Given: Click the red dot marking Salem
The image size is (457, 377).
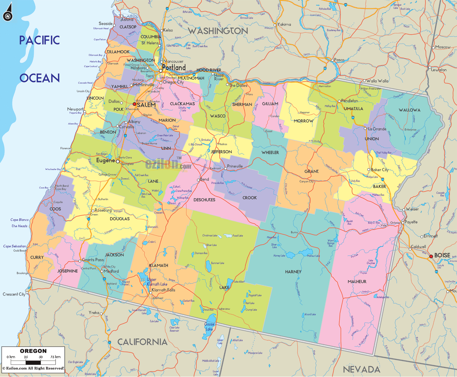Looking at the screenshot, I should tap(134, 104).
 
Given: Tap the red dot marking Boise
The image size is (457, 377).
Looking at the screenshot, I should tap(431, 256).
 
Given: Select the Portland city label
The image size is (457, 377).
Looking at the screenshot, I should tap(174, 67).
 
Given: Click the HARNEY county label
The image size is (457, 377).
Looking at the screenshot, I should tap(293, 272).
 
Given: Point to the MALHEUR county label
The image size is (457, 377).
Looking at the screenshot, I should tap(357, 281).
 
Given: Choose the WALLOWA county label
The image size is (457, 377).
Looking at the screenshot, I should tap(409, 110).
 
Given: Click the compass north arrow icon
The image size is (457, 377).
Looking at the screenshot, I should tap(8, 12).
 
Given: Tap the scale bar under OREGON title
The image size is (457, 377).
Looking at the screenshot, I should tap(33, 362).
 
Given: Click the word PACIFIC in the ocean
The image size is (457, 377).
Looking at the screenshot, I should tap(39, 40).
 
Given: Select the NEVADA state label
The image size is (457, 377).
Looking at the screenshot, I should tap(361, 369).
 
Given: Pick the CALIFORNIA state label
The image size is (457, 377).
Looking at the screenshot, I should tap(142, 342).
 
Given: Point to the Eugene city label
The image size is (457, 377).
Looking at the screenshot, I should tap(105, 160).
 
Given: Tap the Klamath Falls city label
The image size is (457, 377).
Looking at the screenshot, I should tap(163, 290).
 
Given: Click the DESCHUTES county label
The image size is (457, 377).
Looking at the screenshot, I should tap(204, 200).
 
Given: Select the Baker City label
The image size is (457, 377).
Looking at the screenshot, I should tap(379, 170).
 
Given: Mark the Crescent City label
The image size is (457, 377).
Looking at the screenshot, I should tap(14, 294).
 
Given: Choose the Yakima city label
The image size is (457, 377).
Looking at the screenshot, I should tap(284, 24).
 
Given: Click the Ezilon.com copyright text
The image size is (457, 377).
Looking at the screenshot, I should tap(33, 368).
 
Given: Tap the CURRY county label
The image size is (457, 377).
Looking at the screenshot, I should tap(37, 257).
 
